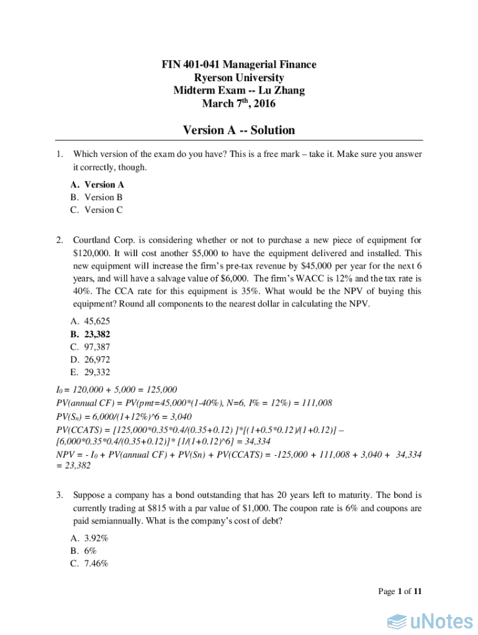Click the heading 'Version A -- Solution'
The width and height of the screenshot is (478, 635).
[239, 130]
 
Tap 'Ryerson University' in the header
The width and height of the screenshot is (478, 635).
[239, 78]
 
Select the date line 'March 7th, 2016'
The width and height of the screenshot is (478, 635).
[239, 104]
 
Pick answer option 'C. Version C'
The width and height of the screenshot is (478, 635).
[97, 210]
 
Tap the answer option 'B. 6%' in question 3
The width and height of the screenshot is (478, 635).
[83, 551]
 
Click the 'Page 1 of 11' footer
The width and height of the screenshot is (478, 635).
[400, 592]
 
